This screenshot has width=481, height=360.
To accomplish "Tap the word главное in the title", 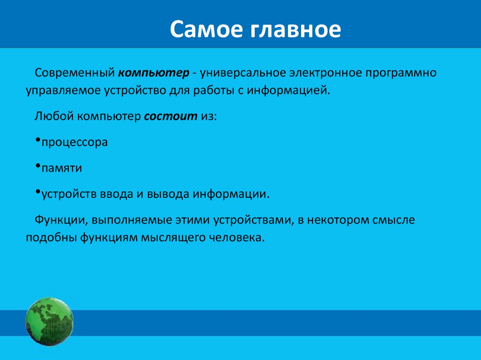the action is tap(296, 30).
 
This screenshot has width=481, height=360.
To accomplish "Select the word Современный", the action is tap(75, 73).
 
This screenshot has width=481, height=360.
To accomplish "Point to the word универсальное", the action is tap(243, 73).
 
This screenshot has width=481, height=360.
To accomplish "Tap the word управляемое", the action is tap(63, 91).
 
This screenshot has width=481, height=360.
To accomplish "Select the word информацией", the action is tap(288, 91).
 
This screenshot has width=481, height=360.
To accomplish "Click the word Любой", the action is tap(54, 116).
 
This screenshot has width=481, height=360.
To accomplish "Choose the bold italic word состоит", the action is tap(171, 116).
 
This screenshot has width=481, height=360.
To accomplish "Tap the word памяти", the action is tap(62, 168).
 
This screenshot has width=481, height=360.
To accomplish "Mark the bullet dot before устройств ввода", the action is tap(38, 192).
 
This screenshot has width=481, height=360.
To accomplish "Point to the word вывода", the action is tap(168, 194).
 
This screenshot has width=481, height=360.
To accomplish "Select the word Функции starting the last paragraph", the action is tap(60, 220).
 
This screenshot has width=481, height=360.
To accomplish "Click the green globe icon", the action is tap(49, 322).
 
